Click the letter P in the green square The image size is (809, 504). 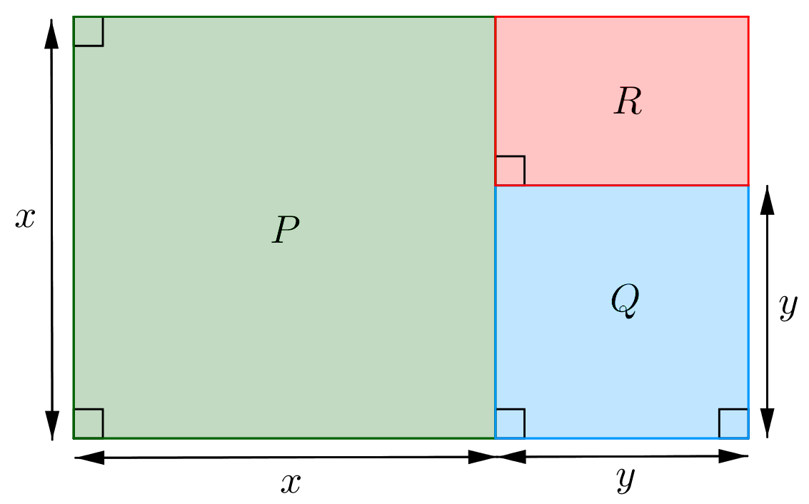(286, 229)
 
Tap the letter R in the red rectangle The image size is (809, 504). (628, 101)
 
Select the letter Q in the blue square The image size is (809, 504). (625, 301)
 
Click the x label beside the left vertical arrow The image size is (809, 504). (25, 218)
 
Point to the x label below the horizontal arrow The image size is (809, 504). (291, 483)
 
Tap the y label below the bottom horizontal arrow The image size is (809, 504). (625, 479)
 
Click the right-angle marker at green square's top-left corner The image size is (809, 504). (89, 31)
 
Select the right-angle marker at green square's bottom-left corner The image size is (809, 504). (89, 423)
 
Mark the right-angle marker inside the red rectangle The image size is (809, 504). (511, 170)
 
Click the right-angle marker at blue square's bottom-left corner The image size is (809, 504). (511, 423)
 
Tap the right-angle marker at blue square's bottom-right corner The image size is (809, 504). (733, 423)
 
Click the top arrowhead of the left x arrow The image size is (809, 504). (51, 33)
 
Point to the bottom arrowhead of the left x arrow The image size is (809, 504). (51, 425)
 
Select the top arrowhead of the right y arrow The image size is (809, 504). (768, 200)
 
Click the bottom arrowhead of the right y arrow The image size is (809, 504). (768, 423)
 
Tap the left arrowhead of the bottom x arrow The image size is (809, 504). (89, 457)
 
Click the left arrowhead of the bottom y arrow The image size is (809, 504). (511, 457)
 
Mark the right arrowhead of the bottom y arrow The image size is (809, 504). (733, 456)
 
